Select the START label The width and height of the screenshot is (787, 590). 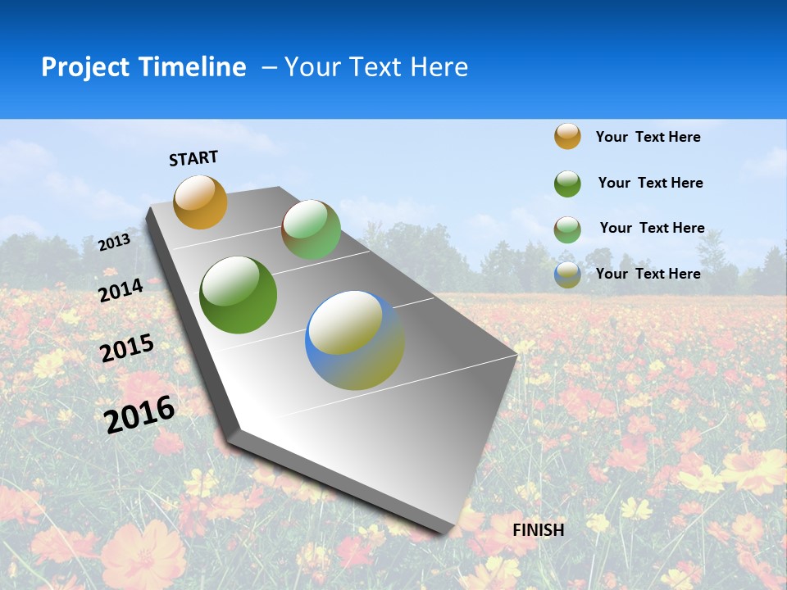point(193,158)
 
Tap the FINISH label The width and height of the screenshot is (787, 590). point(538,530)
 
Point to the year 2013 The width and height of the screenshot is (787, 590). point(115,243)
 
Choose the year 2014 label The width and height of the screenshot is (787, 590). point(121,290)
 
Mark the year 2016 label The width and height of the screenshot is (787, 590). point(140,415)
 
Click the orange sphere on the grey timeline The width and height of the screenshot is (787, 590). point(200,202)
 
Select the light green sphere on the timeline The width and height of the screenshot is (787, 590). point(311,229)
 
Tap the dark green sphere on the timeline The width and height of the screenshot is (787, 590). point(238,295)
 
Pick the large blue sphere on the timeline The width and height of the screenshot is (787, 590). point(354,340)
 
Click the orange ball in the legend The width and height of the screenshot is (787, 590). point(567,136)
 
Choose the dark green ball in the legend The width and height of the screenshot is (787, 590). point(567,183)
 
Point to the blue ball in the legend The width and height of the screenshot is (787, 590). point(567,275)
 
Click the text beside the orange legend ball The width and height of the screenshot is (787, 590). point(648,137)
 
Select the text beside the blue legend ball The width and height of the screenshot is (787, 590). point(648,274)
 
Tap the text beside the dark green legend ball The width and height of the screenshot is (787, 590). point(650,183)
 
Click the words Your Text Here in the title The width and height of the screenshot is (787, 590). point(376,67)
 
